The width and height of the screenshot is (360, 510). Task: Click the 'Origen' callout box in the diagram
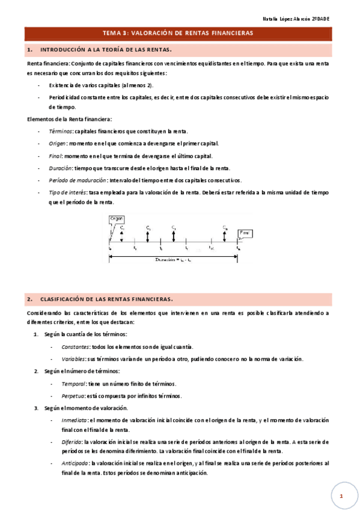click(x=116, y=219)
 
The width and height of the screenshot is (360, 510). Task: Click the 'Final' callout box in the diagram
click(x=245, y=232)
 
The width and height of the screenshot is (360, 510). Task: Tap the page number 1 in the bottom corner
click(x=341, y=496)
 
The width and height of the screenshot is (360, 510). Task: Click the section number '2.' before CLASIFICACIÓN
click(x=30, y=298)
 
